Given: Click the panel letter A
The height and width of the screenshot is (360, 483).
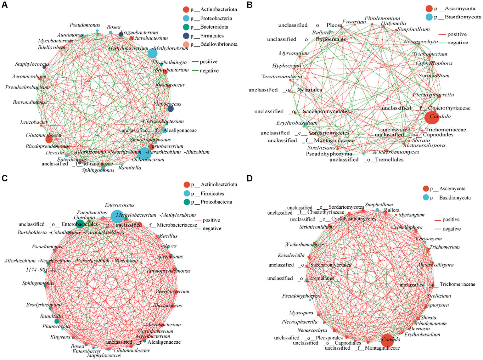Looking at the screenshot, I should click(x=4, y=5).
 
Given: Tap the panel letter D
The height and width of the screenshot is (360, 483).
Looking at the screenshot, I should click(x=250, y=178).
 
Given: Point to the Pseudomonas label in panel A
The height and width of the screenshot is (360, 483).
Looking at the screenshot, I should click(x=85, y=25).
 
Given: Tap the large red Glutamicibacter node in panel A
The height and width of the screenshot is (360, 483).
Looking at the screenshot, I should click(x=49, y=139).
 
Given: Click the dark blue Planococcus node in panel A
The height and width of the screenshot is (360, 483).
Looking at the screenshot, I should click(x=171, y=109).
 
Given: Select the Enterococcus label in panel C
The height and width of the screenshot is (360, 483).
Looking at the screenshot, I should click(x=120, y=205).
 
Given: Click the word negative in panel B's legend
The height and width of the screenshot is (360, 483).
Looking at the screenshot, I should click(x=457, y=42).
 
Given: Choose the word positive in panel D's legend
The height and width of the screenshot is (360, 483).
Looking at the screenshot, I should click(x=451, y=219).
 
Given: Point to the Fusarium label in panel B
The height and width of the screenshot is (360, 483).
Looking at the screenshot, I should click(x=354, y=22).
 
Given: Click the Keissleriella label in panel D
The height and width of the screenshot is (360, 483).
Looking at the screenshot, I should click(x=291, y=255).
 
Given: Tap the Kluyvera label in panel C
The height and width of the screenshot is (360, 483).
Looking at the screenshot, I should click(x=60, y=337).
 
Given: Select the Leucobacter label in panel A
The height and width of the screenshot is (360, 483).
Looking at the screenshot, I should click(x=34, y=122).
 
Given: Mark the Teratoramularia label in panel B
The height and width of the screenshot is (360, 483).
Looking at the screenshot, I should click(x=281, y=76).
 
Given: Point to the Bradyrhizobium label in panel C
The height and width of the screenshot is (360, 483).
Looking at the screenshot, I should click(x=44, y=305).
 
